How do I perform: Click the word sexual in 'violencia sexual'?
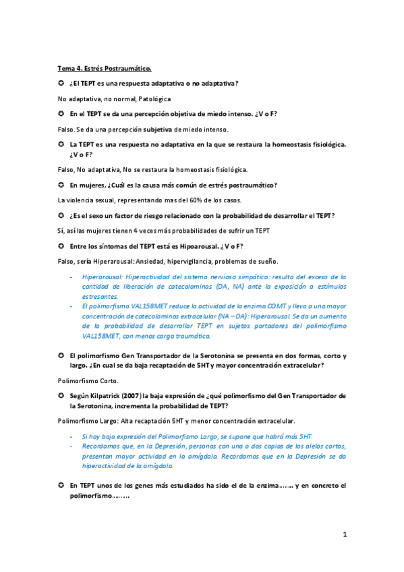[x=100, y=200]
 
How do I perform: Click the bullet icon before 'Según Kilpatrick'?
[x=61, y=396]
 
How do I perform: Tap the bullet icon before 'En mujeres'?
[x=61, y=185]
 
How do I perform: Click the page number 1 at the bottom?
[x=344, y=535]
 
